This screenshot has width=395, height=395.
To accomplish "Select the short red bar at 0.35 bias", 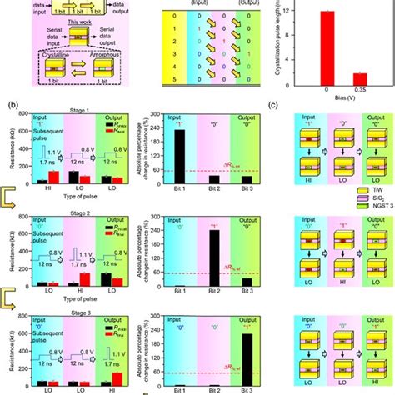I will (x=359, y=76).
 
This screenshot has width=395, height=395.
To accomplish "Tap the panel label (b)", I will (x=13, y=106).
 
